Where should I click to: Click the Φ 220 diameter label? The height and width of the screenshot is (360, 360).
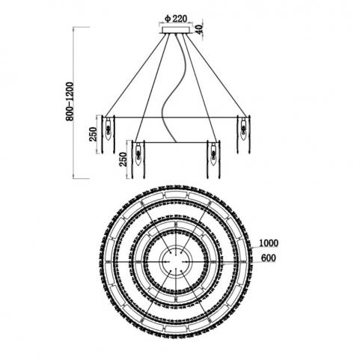(x=176, y=18)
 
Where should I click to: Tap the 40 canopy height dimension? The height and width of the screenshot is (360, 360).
(x=200, y=30)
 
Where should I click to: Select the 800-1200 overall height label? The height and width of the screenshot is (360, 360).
(x=70, y=102)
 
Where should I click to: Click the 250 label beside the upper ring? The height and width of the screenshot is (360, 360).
(x=93, y=134)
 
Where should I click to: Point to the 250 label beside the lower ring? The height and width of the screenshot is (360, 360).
(x=123, y=159)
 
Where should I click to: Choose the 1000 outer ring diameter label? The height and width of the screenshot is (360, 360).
(x=269, y=243)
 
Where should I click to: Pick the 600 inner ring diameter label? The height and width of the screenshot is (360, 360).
(x=269, y=258)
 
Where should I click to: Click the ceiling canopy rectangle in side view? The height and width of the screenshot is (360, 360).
(x=176, y=30)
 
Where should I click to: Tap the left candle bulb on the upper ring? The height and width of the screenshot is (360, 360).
(x=109, y=129)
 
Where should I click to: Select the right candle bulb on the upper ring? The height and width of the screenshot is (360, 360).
(x=243, y=129)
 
